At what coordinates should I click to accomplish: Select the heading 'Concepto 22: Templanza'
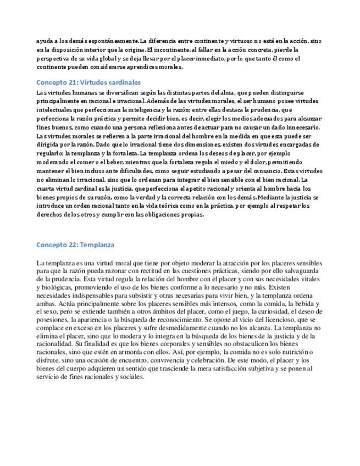point(75,245)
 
